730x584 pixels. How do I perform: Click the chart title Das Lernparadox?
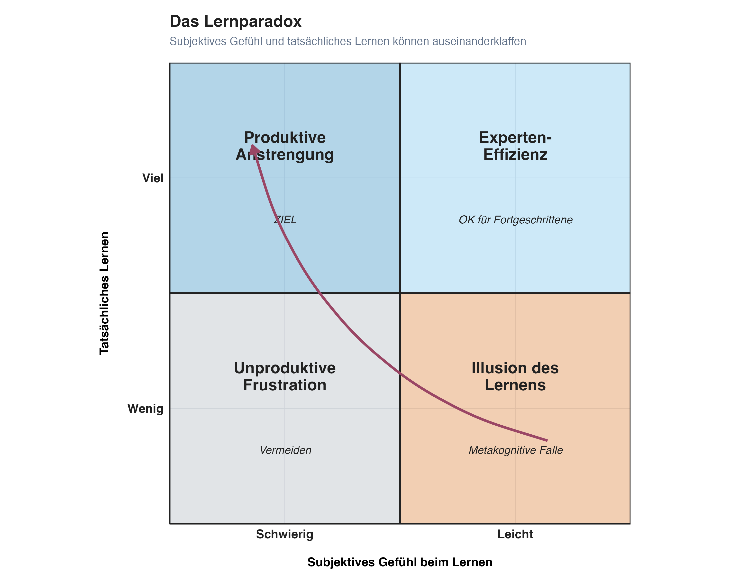(235, 22)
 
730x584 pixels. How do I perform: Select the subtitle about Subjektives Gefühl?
(347, 41)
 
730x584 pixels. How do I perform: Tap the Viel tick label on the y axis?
(153, 178)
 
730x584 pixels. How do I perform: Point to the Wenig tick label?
(145, 409)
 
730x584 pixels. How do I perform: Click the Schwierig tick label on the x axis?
(284, 534)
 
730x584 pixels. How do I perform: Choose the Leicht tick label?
(515, 534)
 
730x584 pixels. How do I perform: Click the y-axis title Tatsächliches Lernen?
(104, 293)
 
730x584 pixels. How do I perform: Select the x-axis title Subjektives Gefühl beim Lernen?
(400, 562)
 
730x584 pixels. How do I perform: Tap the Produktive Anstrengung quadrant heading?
(285, 146)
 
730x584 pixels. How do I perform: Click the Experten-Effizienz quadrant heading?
(515, 146)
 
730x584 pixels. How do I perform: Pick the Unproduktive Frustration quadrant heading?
(285, 376)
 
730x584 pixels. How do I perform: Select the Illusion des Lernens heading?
(515, 376)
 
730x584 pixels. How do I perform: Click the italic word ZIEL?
(285, 220)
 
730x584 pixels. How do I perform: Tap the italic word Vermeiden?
(285, 450)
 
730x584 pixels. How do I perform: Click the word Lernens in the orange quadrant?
(515, 385)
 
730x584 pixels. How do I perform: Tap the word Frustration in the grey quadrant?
(285, 385)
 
